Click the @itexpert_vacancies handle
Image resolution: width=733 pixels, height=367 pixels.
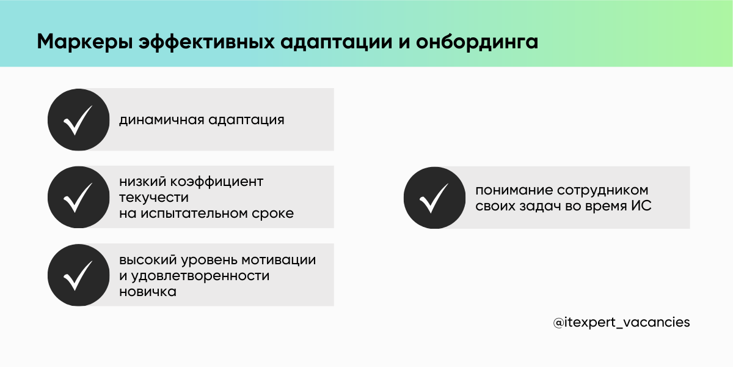(621, 322)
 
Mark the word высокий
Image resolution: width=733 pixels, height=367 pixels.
(144, 260)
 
